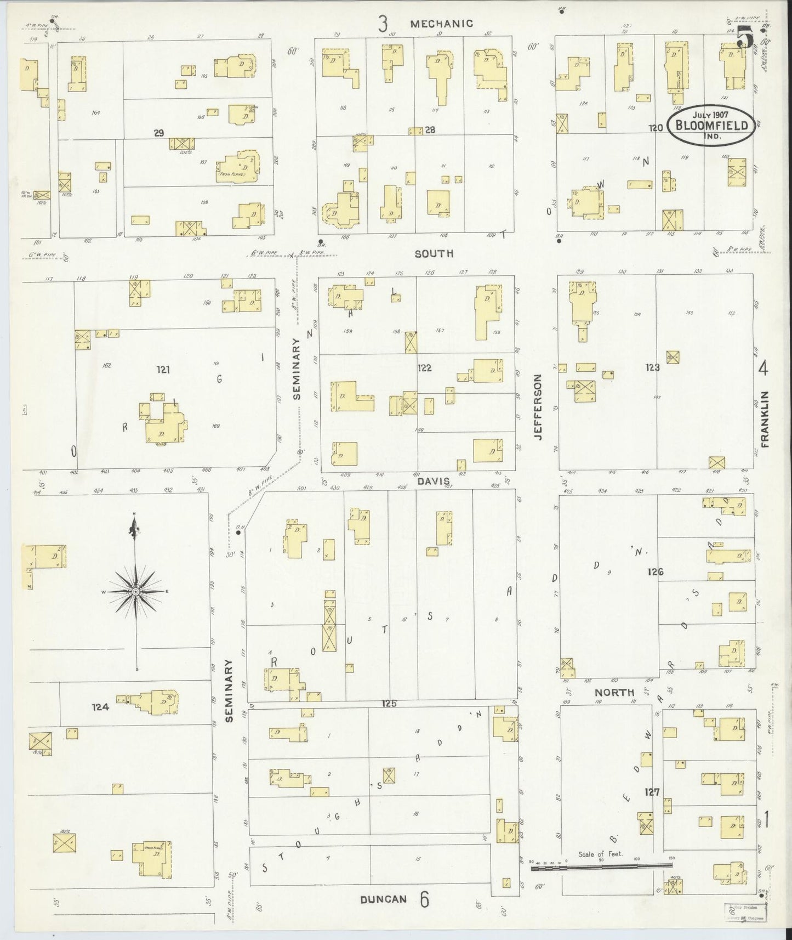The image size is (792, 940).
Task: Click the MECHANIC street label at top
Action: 441,24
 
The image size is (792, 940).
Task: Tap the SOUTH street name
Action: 434,253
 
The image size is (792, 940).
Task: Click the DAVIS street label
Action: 432,480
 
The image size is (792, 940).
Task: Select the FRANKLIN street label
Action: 765,420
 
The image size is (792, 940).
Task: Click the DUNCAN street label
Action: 384,899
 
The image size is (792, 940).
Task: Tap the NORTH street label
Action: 614,693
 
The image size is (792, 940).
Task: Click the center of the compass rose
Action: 135,591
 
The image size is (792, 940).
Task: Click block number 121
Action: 162,370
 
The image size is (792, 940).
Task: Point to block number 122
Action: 424,368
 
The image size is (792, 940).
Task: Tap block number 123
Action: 652,368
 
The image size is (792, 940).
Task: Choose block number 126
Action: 655,572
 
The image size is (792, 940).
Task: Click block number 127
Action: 652,792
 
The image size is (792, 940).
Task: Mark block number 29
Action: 158,132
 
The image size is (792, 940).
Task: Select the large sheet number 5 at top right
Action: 744,38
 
